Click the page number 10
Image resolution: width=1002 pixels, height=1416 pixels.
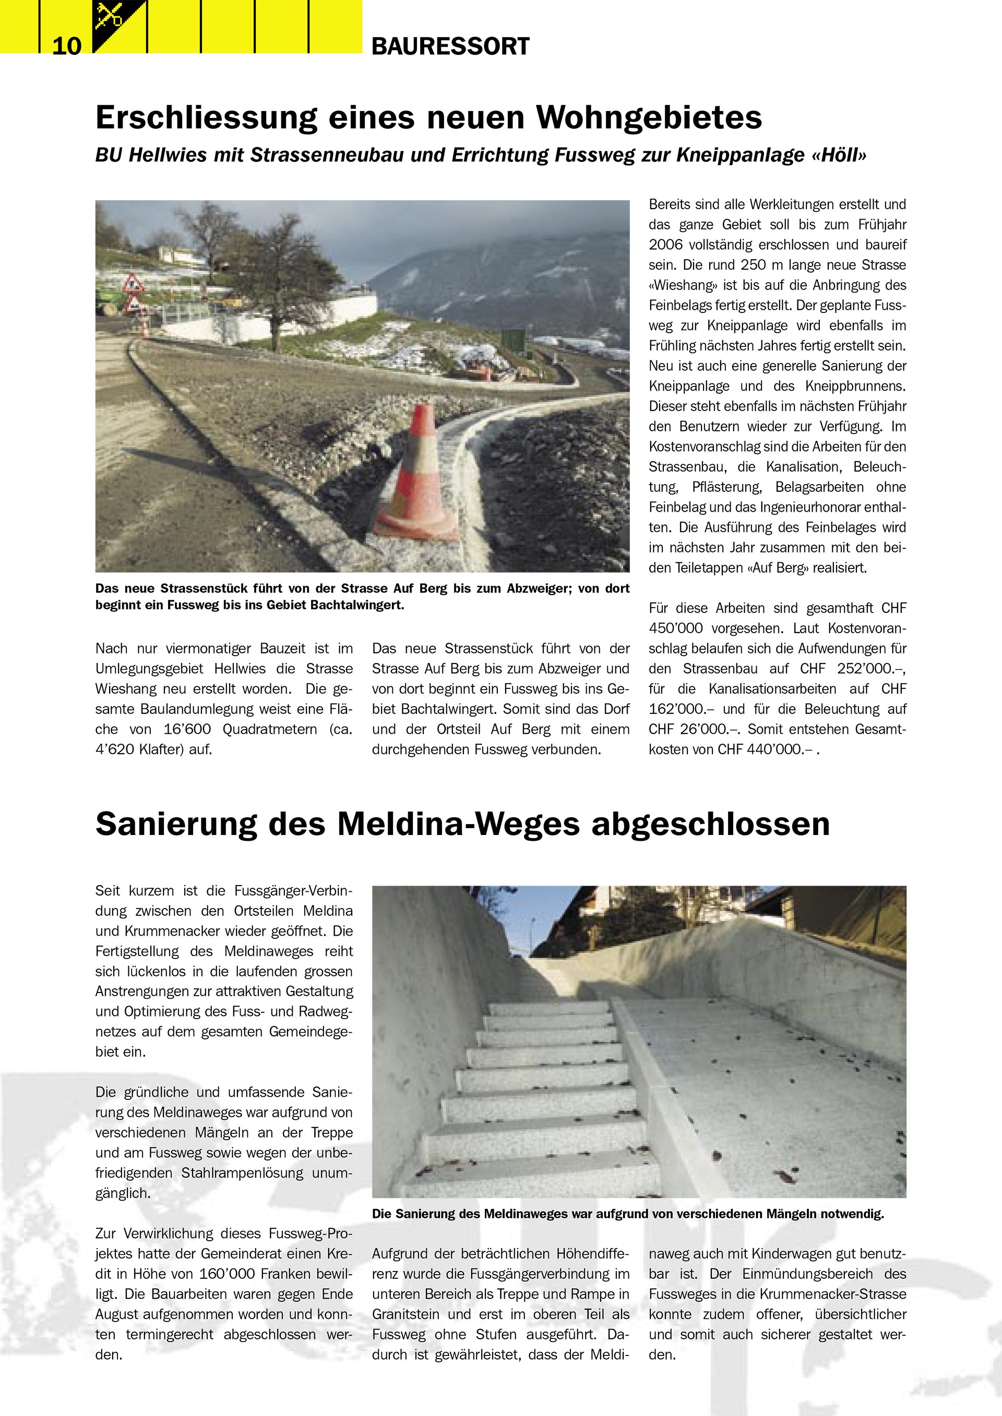(x=67, y=46)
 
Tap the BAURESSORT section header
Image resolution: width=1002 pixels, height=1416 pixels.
(x=450, y=46)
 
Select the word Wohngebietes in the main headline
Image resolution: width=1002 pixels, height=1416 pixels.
(x=649, y=117)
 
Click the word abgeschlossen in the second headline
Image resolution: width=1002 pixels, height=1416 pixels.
(x=710, y=824)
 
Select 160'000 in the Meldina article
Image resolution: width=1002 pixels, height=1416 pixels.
(x=226, y=1274)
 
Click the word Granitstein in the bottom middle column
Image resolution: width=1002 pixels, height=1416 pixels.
(x=407, y=1314)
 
